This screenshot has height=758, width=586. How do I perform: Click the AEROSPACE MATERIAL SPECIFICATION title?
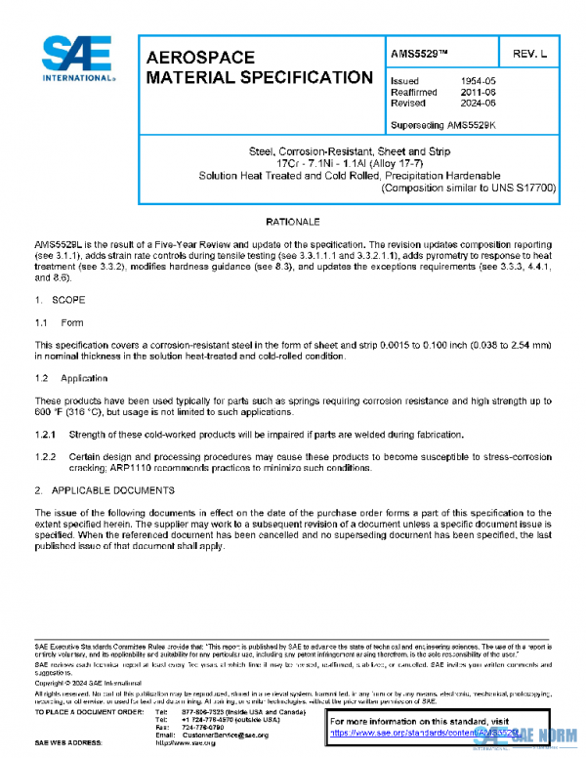258,67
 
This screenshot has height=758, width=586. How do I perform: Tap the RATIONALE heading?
292,224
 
